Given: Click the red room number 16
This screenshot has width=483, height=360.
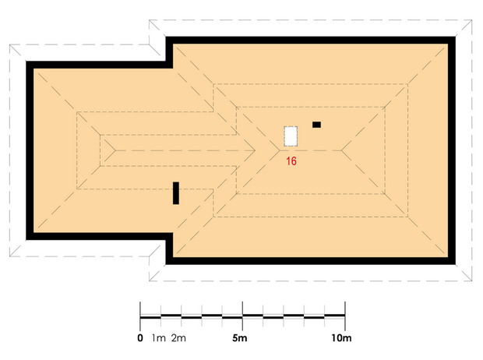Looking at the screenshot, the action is click(x=291, y=161).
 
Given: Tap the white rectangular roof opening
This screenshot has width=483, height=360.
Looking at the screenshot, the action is click(x=291, y=136).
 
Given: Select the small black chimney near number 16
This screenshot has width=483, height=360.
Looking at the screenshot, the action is click(x=316, y=125).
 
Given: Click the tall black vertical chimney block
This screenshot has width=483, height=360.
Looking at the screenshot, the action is click(x=176, y=193).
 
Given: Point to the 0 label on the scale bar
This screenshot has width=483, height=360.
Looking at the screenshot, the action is click(x=140, y=338).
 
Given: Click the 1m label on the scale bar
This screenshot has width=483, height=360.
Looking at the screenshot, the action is click(x=159, y=338).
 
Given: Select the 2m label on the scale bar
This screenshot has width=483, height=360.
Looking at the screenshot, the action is click(x=178, y=338).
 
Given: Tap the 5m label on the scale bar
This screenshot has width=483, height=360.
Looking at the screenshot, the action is click(x=240, y=338).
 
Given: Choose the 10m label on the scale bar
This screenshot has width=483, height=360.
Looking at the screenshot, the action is click(x=341, y=338).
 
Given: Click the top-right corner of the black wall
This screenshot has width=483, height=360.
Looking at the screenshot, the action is click(x=455, y=37).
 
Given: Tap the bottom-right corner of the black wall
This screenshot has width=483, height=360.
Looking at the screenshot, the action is click(x=455, y=264).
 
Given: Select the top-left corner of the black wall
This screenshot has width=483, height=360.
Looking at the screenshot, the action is click(x=26, y=62).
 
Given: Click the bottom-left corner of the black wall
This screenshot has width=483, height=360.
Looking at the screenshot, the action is click(x=26, y=239).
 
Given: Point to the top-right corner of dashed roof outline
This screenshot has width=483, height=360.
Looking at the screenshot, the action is click(x=471, y=20).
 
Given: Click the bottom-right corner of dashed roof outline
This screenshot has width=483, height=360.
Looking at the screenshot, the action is click(x=471, y=281).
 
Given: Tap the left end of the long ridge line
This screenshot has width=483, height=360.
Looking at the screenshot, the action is click(x=115, y=150).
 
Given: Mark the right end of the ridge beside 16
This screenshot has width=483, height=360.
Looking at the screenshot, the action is click(x=341, y=150).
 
